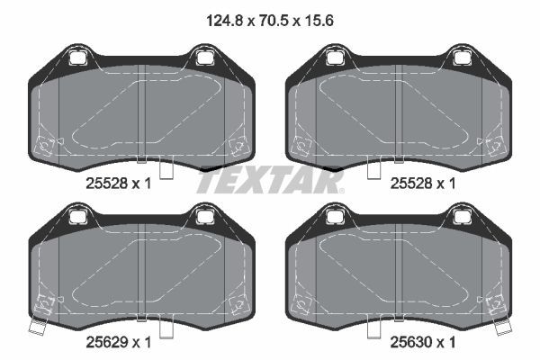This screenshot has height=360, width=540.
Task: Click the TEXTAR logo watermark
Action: [270, 181]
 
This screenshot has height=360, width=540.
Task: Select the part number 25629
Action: [107, 342]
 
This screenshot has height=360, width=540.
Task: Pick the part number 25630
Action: [411, 342]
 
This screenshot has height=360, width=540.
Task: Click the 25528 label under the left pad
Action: [107, 184]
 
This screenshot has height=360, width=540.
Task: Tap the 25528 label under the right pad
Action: [411, 184]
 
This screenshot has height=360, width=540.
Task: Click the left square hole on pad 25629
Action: [77, 217]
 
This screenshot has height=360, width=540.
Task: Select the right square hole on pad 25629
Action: [205, 217]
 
